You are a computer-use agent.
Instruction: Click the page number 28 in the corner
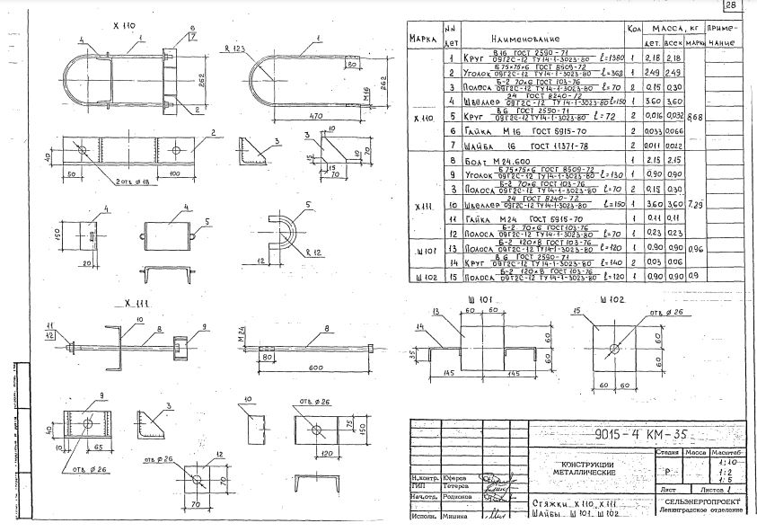tap(727, 7)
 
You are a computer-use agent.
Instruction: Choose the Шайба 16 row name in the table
tap(498, 145)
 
